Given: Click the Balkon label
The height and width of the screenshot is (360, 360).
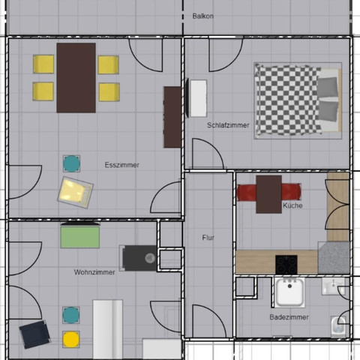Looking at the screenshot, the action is [202, 16].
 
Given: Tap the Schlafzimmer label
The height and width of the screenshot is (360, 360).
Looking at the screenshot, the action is [228, 125].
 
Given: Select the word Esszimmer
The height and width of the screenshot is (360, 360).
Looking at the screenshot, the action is [121, 165].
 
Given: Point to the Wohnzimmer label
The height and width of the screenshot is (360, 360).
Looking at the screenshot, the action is [94, 272].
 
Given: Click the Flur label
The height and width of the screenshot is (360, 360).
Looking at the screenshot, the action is [208, 238].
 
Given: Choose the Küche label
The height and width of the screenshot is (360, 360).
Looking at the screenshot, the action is [292, 205].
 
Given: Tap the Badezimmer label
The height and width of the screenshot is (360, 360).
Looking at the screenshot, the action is [289, 317].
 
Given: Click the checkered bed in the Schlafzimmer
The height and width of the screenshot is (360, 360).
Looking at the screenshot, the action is [298, 100].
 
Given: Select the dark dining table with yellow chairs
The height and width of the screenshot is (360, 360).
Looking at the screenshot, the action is [76, 78].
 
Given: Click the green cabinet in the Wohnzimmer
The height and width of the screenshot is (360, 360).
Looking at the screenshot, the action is [80, 237].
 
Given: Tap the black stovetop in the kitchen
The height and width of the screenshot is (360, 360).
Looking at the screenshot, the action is [286, 265].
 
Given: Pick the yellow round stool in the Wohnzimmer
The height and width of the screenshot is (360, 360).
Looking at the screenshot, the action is [71, 339].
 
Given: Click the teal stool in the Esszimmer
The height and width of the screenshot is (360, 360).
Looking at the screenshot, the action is [71, 163].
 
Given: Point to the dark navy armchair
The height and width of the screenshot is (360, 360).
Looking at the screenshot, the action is [34, 334].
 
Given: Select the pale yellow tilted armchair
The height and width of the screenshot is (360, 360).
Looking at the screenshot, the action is [75, 193].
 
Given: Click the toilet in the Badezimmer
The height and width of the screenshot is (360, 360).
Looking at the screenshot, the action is [338, 326].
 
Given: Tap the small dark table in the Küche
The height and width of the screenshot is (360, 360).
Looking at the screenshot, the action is [268, 194].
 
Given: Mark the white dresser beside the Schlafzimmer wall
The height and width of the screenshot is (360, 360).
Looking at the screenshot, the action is [199, 98].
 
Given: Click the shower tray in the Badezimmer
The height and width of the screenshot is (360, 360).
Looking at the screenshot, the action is [289, 292].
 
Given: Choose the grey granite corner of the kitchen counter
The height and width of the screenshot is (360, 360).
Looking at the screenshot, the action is [334, 257].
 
